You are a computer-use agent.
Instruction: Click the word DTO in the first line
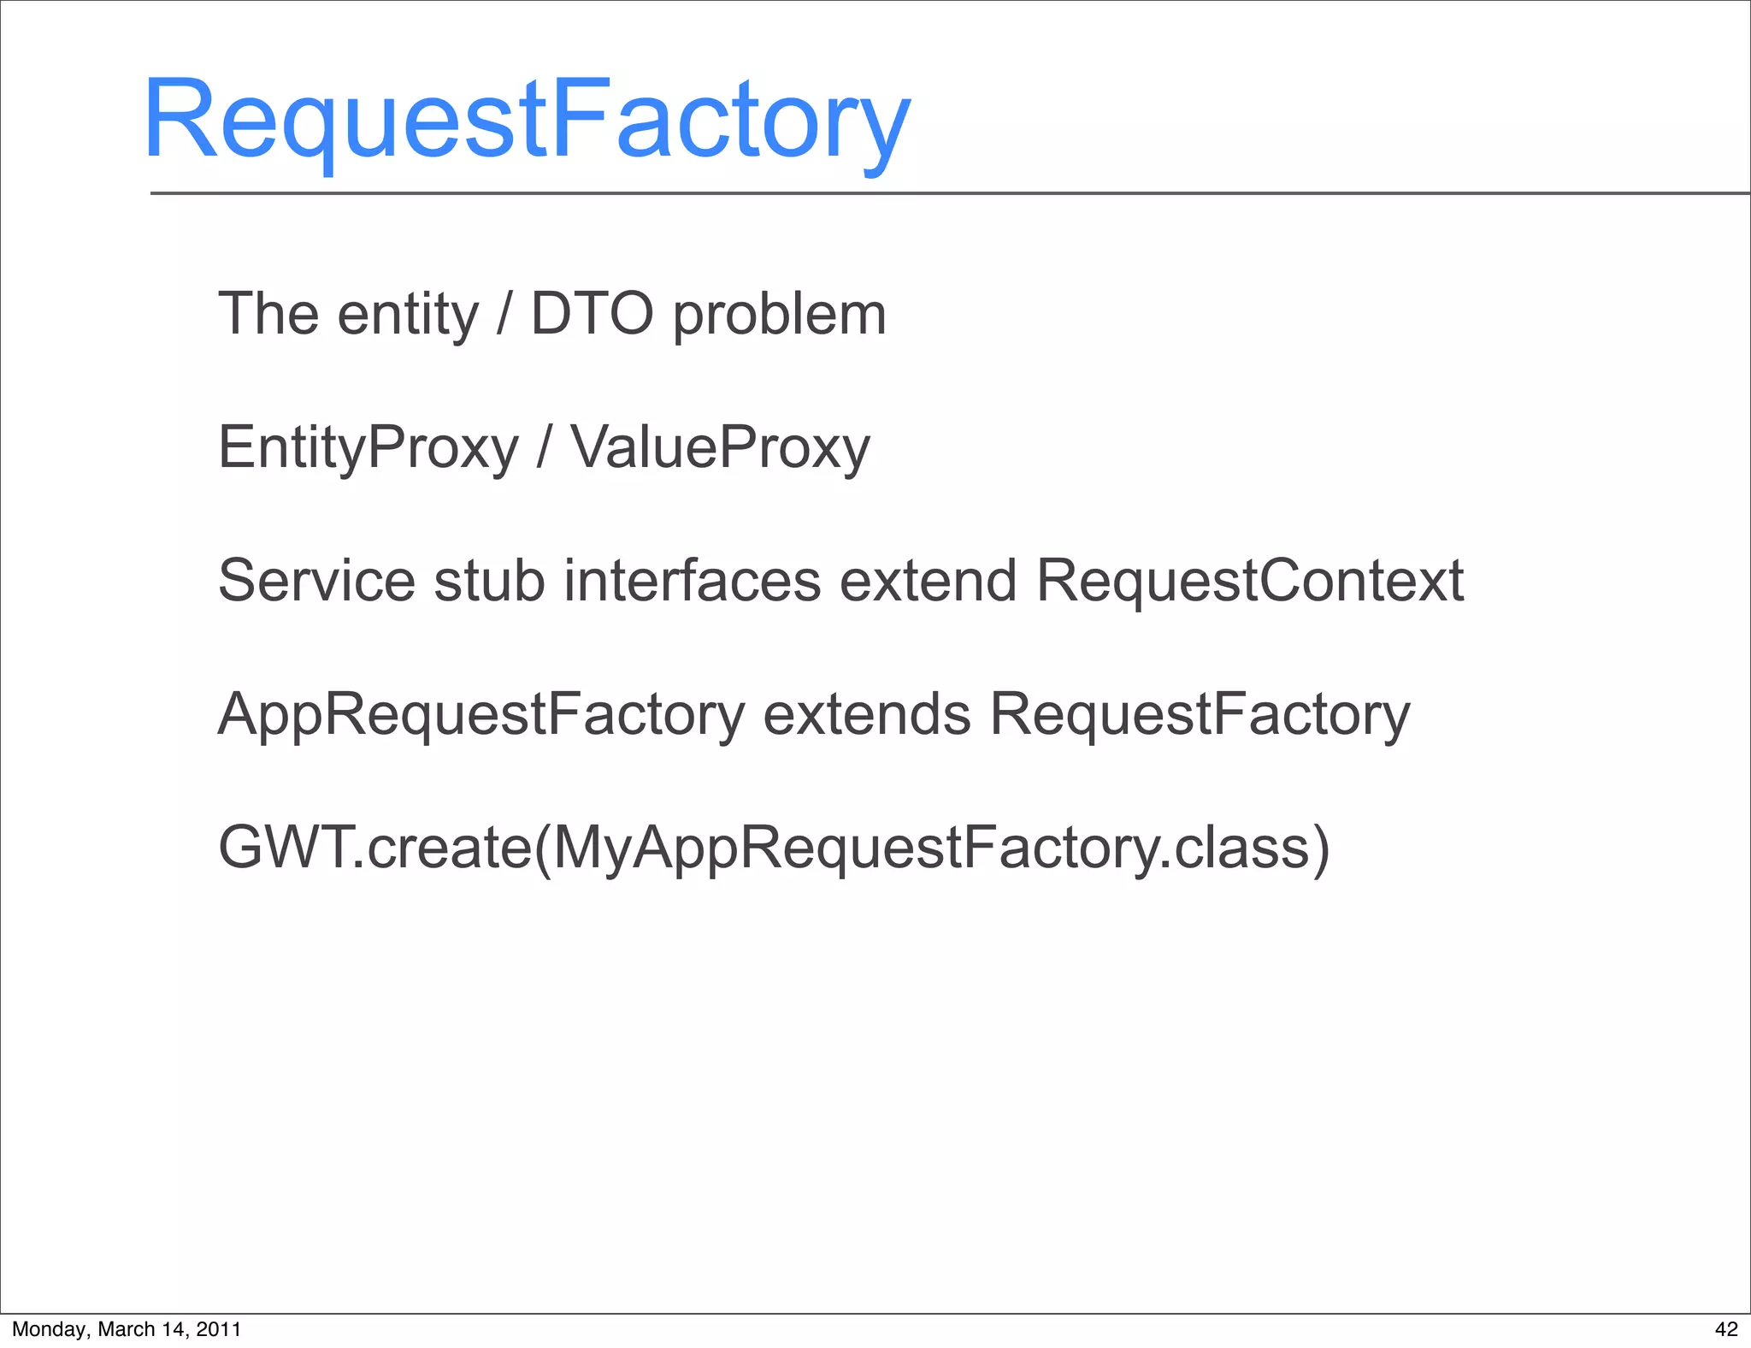coord(592,314)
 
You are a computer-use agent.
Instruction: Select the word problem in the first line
coord(779,316)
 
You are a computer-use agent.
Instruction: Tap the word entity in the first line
coord(408,316)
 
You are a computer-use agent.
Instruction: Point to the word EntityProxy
coord(368,447)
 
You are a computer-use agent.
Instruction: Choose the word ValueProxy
coord(720,447)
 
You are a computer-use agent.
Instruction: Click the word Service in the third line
coord(316,581)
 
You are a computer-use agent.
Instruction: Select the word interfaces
coord(692,581)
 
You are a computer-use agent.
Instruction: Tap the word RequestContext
coord(1249,581)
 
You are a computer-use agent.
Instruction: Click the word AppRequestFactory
coord(481,714)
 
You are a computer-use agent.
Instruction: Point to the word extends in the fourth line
coord(866,714)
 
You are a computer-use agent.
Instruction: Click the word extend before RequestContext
coord(928,581)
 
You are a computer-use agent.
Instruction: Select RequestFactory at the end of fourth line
coord(1199,714)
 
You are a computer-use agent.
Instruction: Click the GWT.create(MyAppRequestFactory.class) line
coord(774,848)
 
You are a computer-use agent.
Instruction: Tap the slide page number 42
coord(1726,1329)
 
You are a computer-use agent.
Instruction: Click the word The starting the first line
coord(268,314)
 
